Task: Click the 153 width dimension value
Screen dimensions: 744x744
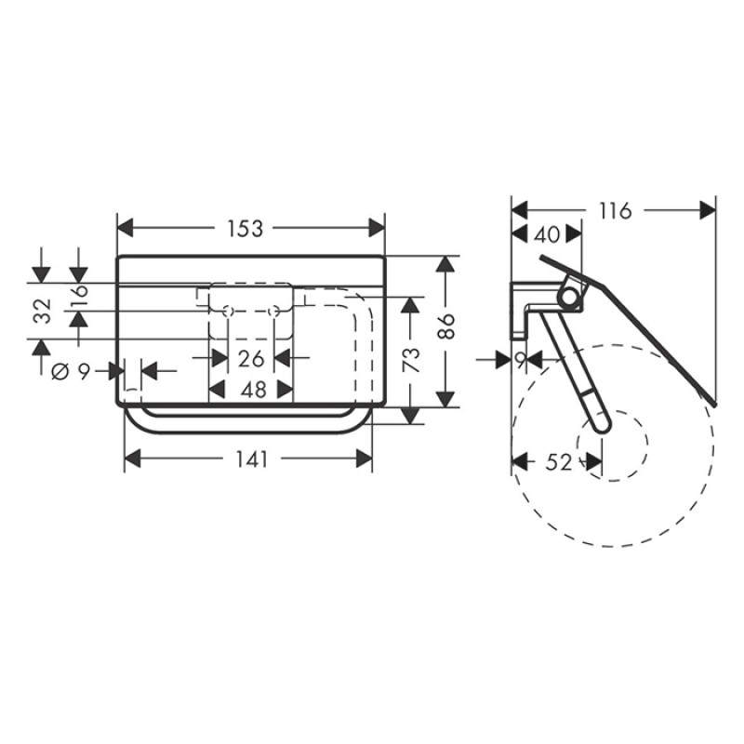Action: (246, 228)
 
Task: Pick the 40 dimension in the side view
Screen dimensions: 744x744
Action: (548, 235)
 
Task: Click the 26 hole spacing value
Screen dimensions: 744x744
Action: (250, 358)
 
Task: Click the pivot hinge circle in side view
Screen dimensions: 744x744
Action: (567, 297)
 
